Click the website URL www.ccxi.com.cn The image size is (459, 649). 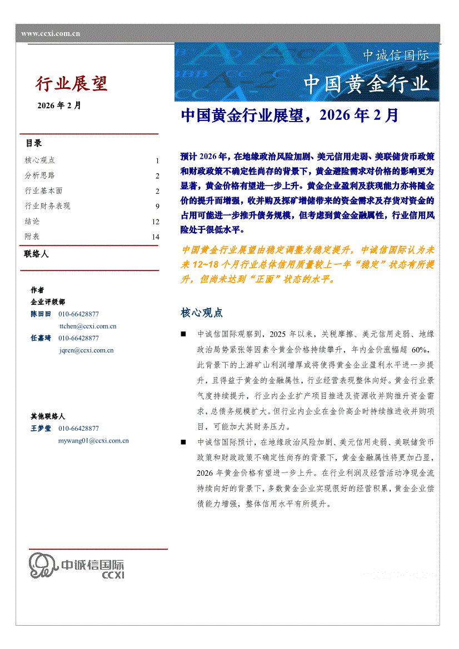(51, 33)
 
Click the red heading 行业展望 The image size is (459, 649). (72, 83)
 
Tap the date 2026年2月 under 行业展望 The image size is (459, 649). (59, 105)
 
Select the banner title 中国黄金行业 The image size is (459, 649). (366, 84)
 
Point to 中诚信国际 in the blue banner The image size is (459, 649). (396, 56)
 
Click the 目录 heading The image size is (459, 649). (33, 143)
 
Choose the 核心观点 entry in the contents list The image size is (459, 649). (40, 160)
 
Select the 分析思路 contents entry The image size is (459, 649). (40, 175)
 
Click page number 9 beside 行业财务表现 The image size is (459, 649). (157, 207)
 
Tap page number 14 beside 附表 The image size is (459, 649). (156, 237)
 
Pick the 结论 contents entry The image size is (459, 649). (32, 222)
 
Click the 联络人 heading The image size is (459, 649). (37, 254)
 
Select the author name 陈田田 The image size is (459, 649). (41, 314)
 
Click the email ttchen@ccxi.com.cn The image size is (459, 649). (87, 326)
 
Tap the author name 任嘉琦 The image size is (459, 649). (41, 338)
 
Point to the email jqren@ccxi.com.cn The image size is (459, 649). (86, 350)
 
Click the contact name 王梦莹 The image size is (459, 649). (41, 429)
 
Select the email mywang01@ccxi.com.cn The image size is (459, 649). (93, 441)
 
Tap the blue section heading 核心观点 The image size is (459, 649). (202, 313)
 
